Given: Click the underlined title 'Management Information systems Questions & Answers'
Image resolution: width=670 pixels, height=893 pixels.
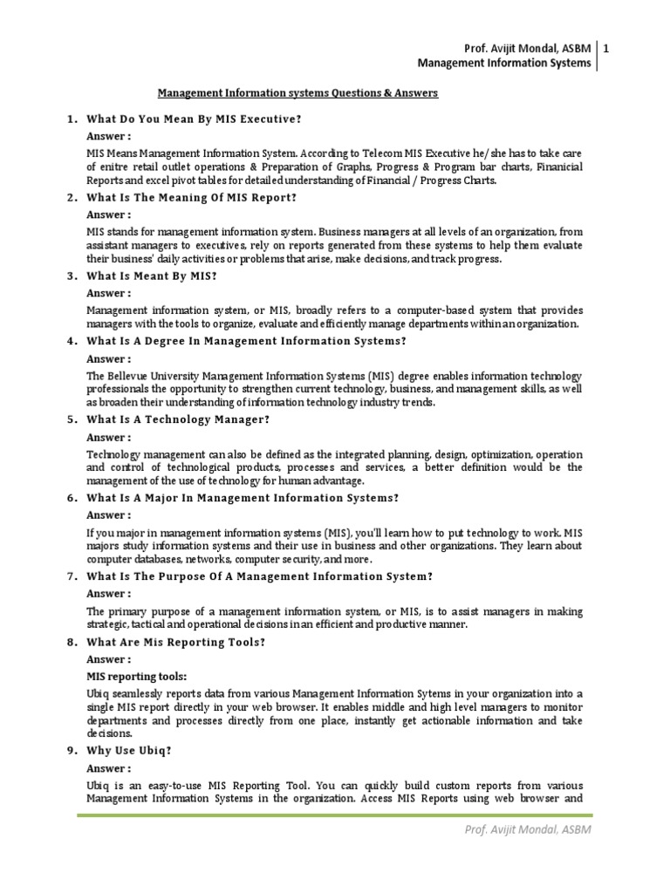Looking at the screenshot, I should pos(297,92).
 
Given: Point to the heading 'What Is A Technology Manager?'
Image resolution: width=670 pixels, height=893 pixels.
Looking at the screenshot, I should pos(178,419).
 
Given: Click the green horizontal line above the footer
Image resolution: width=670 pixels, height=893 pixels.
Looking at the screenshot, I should pos(335,815).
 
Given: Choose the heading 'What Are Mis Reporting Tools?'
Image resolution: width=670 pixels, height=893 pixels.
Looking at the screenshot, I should pos(175,642).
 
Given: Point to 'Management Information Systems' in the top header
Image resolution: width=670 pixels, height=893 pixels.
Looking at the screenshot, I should pos(505,63).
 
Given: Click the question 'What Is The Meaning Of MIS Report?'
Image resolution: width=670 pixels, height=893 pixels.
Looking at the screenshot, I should pos(192,197).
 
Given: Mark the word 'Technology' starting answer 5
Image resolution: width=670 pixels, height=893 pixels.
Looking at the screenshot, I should pos(113,454).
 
